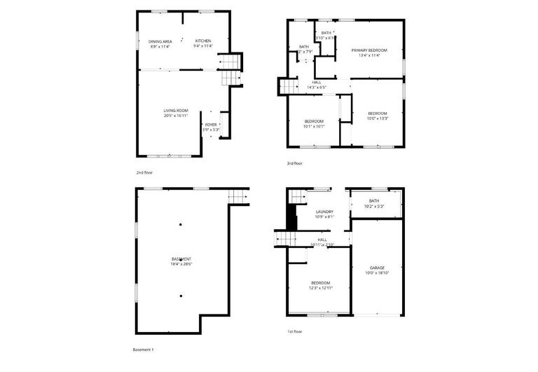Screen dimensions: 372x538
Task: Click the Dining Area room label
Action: [x=160, y=43]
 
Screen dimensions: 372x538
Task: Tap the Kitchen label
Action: [x=203, y=43]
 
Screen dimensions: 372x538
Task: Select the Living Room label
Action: [x=176, y=113]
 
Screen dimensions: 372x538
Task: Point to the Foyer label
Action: [x=211, y=127]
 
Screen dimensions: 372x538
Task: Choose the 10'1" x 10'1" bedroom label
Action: [x=313, y=124]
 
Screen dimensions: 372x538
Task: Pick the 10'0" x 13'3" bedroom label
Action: [x=378, y=116]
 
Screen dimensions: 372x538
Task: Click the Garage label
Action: [x=377, y=270]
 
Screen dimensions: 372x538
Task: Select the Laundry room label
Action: [x=324, y=214]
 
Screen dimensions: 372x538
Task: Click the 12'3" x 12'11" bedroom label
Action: [x=322, y=285]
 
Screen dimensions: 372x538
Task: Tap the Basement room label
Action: [x=181, y=261]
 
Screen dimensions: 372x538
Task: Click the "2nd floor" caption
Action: [x=144, y=172]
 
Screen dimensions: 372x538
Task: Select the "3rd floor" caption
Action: [x=295, y=164]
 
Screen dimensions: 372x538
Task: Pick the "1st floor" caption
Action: [x=295, y=331]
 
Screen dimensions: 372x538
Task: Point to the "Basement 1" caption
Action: [x=143, y=349]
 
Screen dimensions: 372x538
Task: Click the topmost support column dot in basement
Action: [x=181, y=225]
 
